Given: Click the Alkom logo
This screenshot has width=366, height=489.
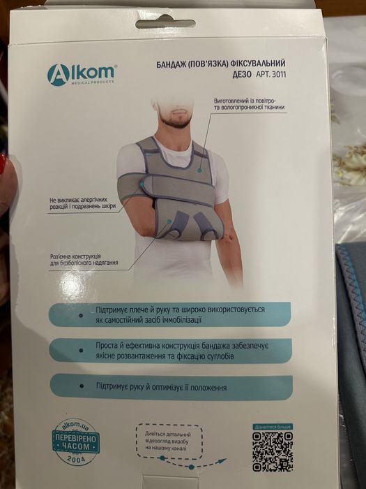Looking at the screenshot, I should pyautogui.click(x=81, y=74).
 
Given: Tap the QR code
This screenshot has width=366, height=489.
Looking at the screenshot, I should pyautogui.click(x=273, y=451).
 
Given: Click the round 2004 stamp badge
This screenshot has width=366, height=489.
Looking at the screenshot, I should pyautogui.click(x=76, y=443).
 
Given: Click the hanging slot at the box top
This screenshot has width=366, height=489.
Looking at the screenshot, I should pyautogui.click(x=165, y=24).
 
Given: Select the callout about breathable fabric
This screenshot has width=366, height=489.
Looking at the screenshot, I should pyautogui.click(x=249, y=105).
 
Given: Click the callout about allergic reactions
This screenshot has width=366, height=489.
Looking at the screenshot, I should pyautogui.click(x=82, y=204).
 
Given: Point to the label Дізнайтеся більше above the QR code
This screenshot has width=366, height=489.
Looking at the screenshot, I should pyautogui.click(x=273, y=426).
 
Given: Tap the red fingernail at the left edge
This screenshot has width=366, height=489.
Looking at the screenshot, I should pyautogui.click(x=2, y=165).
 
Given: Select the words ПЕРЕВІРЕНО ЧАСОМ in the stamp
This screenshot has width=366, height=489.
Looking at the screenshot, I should pyautogui.click(x=76, y=442).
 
